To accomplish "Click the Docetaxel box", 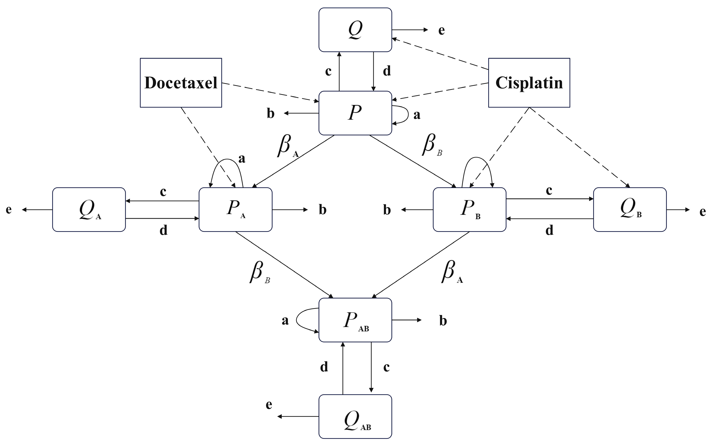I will [x=181, y=83].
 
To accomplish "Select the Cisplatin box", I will [x=529, y=83].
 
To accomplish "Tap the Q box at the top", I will [x=355, y=30].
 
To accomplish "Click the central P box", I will [x=355, y=113].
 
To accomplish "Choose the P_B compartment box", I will [x=469, y=209].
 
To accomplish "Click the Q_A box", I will [x=89, y=209].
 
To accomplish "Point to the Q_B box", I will [x=630, y=209].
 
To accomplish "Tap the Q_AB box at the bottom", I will [x=355, y=416].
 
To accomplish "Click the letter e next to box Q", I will [x=441, y=30].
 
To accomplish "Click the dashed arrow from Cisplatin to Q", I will [x=441, y=54].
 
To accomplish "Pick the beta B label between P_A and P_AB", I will [x=259, y=272].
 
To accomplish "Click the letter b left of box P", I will [x=271, y=114].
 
